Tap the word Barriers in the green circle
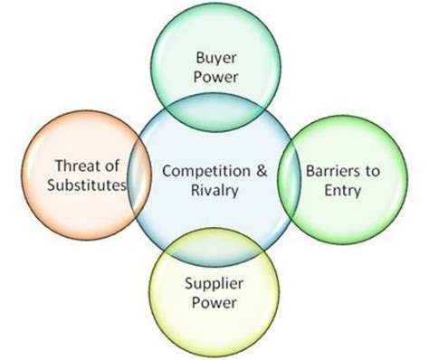pyautogui.click(x=328, y=169)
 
